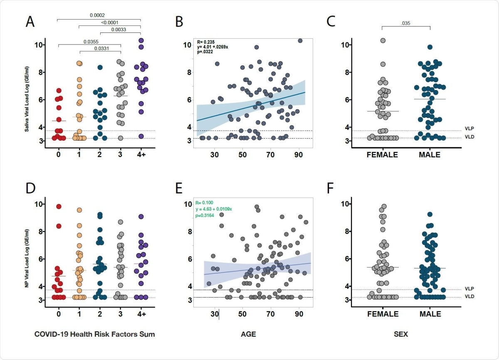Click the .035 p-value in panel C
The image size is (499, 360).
[x=406, y=24]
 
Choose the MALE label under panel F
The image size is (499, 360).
[x=430, y=314]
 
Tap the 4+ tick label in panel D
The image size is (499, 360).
[x=141, y=314]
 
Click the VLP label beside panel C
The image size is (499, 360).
[x=468, y=129]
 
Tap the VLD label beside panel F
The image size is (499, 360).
[x=468, y=296]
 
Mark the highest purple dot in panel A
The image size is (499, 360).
[x=141, y=40]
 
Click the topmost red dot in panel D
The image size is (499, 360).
[x=59, y=206]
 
